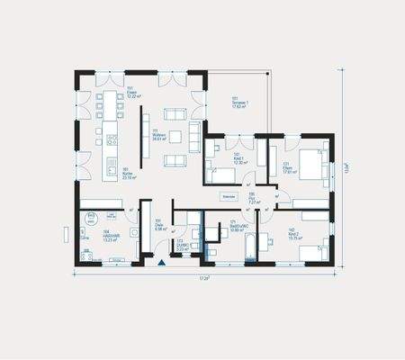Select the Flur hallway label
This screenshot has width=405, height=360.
pos(255,201)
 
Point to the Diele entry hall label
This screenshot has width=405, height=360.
pos(160,227)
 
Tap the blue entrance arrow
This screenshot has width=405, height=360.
pos(162,264)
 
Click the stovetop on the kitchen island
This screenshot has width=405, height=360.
pos(112,140)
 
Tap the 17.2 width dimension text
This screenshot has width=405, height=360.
pos(204,279)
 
